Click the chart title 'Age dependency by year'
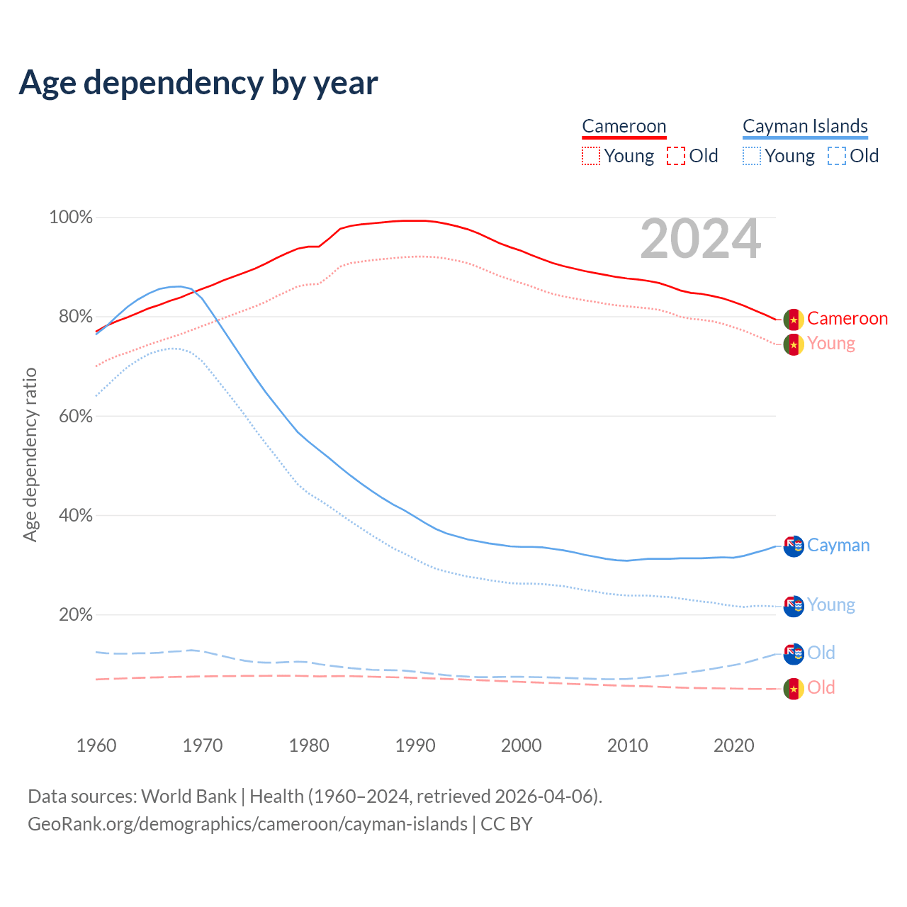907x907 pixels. click(x=198, y=83)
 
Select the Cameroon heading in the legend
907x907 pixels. click(x=624, y=126)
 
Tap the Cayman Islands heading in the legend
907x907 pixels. click(x=805, y=126)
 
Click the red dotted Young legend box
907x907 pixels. click(x=590, y=156)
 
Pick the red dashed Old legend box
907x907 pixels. click(x=676, y=156)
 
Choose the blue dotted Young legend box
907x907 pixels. click(x=752, y=156)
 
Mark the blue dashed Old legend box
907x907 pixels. click(x=837, y=156)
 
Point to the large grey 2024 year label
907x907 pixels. click(x=700, y=240)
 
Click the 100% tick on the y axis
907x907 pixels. click(x=71, y=218)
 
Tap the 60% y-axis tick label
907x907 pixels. click(x=75, y=416)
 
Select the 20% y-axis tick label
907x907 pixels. click(x=75, y=614)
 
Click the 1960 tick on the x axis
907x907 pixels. click(x=96, y=745)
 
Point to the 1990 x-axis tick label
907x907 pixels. click(x=415, y=745)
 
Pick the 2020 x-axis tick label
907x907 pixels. click(x=734, y=745)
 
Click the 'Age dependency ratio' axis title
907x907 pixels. click(x=30, y=454)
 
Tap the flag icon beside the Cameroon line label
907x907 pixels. click(x=794, y=319)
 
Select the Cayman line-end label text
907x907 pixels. click(x=838, y=546)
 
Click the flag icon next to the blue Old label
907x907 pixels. click(x=794, y=653)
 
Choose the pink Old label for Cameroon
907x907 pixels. click(x=821, y=688)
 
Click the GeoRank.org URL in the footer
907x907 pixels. click(x=247, y=824)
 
